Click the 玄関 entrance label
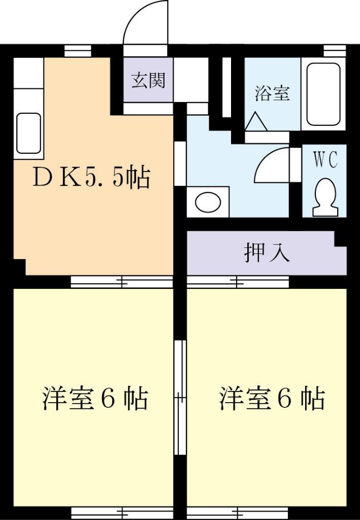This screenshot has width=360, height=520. [148, 80]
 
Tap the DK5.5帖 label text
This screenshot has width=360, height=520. [91, 178]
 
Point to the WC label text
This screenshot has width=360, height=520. [325, 160]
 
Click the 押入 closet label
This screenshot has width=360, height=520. [267, 253]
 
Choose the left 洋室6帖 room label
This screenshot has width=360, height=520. [94, 399]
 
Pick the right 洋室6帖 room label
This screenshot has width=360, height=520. [272, 399]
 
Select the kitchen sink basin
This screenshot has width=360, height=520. [28, 133]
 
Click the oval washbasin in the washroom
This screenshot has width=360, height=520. [208, 202]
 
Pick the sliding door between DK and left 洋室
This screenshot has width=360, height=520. [122, 282]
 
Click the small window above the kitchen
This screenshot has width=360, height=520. [78, 51]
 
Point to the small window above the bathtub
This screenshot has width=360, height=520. [334, 51]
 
